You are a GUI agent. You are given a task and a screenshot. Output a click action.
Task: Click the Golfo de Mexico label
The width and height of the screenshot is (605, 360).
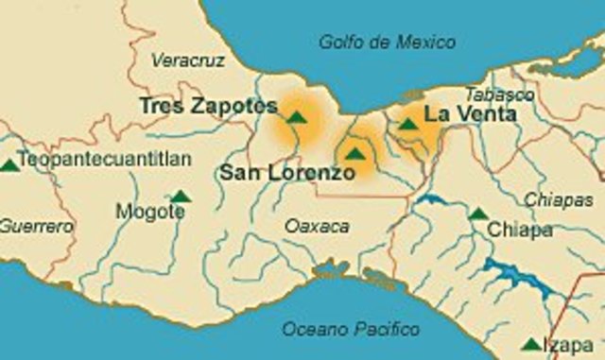point(387,43)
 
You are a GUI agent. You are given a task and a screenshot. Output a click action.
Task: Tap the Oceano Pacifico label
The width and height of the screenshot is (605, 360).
point(351,330)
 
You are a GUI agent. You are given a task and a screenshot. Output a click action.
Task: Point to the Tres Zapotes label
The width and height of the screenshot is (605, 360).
point(208,106)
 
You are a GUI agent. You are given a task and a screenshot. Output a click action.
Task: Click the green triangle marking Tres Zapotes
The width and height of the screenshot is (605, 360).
point(297,118)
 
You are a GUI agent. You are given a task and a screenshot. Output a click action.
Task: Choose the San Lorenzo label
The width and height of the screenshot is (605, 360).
point(287,173)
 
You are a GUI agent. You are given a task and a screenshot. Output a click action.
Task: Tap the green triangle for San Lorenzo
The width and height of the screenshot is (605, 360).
point(354,154)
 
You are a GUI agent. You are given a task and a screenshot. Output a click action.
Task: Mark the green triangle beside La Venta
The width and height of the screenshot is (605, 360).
point(407,124)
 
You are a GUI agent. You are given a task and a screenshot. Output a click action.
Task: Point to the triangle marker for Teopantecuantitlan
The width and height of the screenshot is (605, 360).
point(9,164)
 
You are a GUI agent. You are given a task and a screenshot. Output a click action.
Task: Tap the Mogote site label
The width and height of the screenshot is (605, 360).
point(150,213)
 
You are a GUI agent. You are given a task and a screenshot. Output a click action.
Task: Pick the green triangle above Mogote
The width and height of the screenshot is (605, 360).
point(181,197)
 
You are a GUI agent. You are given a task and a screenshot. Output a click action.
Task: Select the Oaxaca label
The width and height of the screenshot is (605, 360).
point(317,227)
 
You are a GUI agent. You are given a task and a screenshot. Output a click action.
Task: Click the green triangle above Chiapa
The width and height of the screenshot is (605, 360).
point(478,214)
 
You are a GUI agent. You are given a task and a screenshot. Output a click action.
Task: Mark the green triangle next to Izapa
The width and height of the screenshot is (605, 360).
point(532,345)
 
